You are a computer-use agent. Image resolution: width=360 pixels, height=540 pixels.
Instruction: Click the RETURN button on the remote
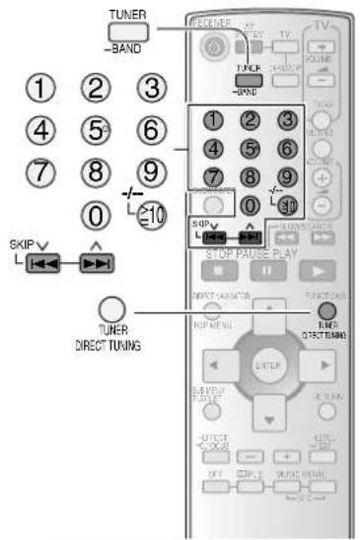click(x=329, y=388)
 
